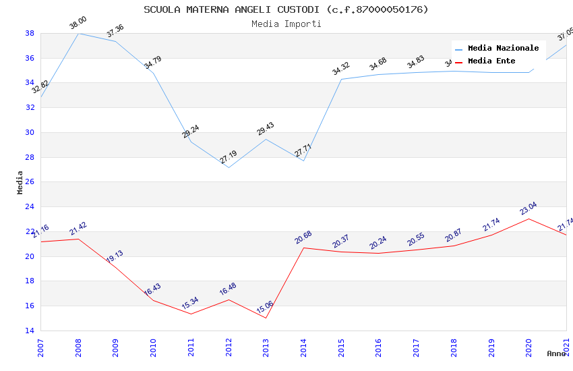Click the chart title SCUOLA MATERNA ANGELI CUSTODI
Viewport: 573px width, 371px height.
[286, 9]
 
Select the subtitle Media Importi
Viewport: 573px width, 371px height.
[286, 24]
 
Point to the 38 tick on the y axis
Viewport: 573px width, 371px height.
[30, 33]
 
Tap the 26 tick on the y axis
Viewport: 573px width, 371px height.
[30, 182]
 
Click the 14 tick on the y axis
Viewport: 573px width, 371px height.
[30, 331]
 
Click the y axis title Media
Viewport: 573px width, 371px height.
[20, 182]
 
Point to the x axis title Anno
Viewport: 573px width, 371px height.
[555, 353]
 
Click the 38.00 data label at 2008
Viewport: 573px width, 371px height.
[78, 23]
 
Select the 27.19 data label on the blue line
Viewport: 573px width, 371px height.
[229, 157]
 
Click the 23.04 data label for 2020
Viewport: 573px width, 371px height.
[529, 208]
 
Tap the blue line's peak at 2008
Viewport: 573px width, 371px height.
[78, 33]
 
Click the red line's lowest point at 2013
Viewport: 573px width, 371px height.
[266, 318]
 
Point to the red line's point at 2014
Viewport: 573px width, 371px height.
[303, 248]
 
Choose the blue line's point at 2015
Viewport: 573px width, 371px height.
[341, 79]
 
